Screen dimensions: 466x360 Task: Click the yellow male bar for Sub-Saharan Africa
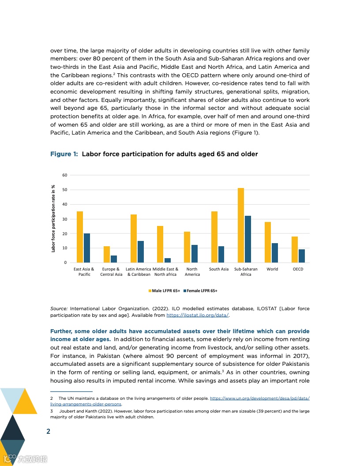click(241, 225)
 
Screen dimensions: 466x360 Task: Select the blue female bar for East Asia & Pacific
click(87, 248)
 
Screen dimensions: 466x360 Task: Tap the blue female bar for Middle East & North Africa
click(168, 260)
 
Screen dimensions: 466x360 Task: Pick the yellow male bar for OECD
click(295, 250)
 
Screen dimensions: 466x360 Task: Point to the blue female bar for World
click(275, 253)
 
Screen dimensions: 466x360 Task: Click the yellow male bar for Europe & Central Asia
click(107, 255)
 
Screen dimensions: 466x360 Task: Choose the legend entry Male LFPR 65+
click(164, 291)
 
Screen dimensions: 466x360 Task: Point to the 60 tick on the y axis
click(64, 175)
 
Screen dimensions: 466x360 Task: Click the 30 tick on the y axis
click(64, 219)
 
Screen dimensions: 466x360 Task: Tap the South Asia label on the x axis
click(219, 269)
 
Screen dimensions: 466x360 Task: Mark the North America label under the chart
click(192, 272)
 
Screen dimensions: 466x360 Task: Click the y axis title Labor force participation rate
click(53, 218)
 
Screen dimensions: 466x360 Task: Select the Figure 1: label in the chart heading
click(64, 154)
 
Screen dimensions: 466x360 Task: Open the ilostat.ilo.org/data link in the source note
click(198, 316)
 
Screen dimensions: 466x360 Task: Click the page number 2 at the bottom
click(49, 431)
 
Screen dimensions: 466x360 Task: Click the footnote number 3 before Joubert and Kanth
click(52, 411)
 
